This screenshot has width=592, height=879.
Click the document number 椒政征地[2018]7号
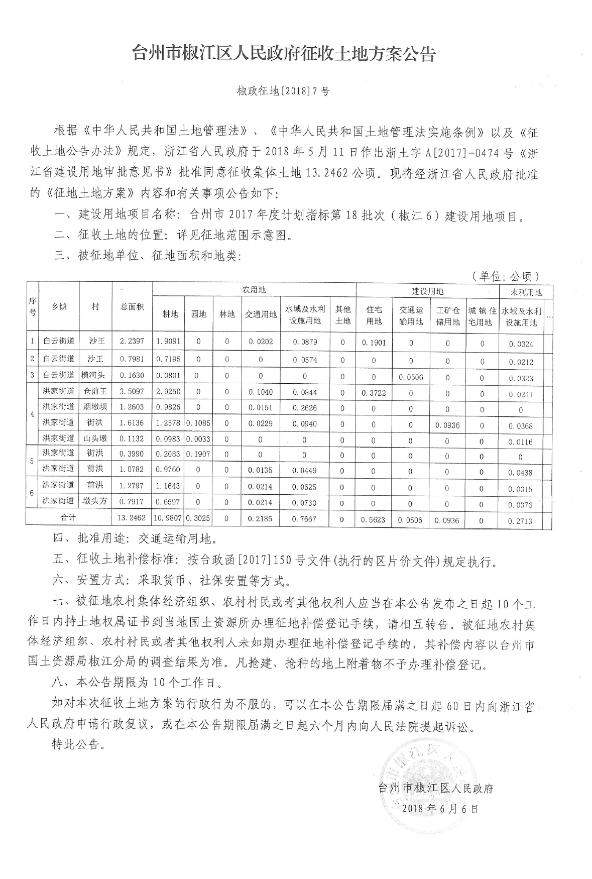[284, 91]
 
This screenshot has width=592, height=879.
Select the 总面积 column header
[132, 307]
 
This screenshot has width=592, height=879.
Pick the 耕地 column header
[170, 314]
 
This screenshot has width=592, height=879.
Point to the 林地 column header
[227, 314]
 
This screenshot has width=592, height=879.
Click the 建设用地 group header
[427, 291]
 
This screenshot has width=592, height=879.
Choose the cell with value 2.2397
[132, 341]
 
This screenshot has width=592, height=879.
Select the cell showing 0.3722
[374, 393]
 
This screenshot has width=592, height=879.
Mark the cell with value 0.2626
[304, 408]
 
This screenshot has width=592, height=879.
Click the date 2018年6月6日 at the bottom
[440, 808]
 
